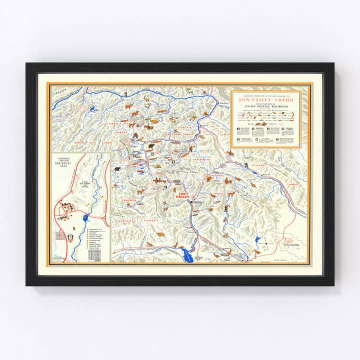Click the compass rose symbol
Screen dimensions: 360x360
tap(270, 243)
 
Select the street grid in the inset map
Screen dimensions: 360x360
tap(60, 235)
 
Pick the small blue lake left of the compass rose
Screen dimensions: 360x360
tap(258, 240)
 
